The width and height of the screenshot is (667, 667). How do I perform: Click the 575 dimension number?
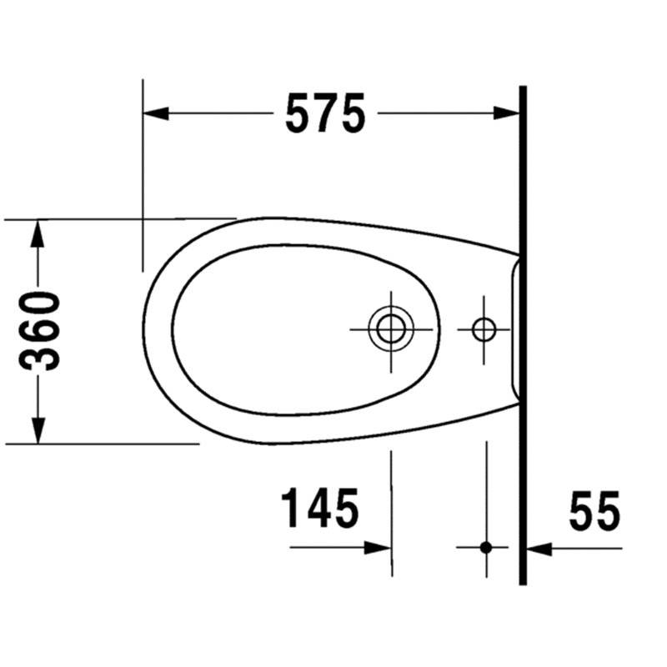coord(325,113)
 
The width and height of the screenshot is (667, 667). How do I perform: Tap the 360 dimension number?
coord(39,330)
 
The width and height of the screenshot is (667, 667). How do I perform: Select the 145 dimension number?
coord(320,508)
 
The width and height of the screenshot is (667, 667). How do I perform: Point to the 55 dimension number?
coord(594,511)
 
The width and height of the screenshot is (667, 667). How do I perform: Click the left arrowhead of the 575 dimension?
coord(156,113)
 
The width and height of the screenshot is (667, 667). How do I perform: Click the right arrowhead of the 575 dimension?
coord(506,113)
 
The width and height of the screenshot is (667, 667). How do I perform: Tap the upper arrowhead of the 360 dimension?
coord(38,233)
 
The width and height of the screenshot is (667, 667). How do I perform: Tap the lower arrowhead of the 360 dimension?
coord(38,430)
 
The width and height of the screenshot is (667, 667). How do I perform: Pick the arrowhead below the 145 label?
coord(378,548)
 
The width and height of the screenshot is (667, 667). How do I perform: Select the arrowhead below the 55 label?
coord(539,549)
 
